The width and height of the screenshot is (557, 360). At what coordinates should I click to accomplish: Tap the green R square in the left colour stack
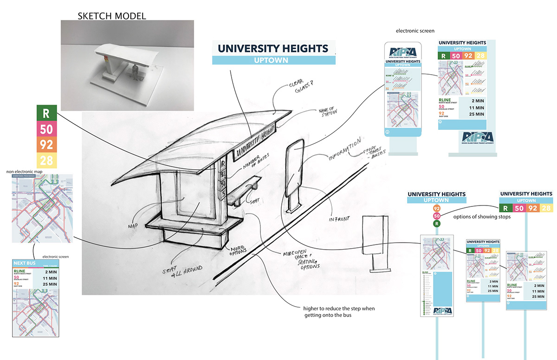coord(46,113)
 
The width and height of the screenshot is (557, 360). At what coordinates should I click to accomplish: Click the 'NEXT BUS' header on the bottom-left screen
coord(26,263)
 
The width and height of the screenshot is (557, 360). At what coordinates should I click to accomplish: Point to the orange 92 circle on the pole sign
coord(436,208)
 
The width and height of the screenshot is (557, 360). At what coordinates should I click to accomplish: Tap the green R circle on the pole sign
coord(436,224)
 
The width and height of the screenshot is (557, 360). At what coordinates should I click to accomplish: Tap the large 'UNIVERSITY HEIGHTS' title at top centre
coord(273,48)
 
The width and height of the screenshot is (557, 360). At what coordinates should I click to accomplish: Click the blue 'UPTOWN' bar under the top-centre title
coord(273,60)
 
